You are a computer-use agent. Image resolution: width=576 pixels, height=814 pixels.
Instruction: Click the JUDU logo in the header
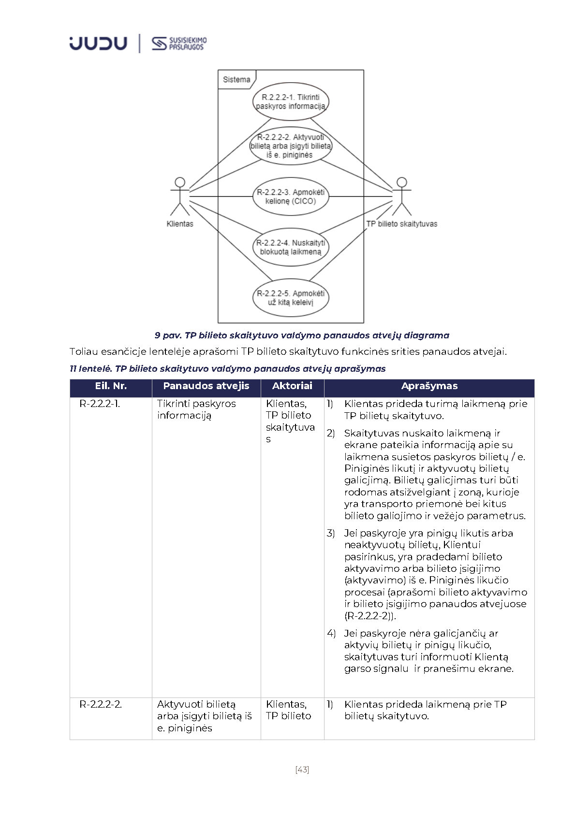[x=98, y=43]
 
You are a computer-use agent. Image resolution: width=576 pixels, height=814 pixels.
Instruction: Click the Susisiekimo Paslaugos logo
[x=179, y=44]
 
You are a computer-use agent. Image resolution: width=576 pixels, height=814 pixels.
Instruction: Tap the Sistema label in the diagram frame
[x=236, y=79]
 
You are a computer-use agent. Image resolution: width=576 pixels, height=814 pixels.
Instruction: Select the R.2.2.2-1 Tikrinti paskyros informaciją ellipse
[x=291, y=102]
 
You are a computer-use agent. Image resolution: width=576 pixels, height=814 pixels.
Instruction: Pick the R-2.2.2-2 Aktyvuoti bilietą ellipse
[x=291, y=146]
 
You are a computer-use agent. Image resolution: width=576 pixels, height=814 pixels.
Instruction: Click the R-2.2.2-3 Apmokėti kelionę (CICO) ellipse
[x=291, y=196]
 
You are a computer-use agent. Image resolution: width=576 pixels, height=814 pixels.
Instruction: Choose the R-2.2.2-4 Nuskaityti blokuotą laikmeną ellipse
[x=291, y=247]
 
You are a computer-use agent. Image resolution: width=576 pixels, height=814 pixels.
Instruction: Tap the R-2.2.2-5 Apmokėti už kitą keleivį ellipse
[x=291, y=297]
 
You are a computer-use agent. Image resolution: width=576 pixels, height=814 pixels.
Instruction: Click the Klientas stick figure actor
[x=180, y=196]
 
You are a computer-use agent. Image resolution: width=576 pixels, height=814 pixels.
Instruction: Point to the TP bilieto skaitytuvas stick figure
[x=401, y=196]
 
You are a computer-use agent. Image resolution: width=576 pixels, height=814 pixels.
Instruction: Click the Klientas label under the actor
[x=180, y=224]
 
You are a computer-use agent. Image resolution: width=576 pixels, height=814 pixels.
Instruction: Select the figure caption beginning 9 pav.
[x=302, y=335]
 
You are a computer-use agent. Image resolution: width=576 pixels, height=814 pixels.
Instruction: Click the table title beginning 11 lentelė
[x=227, y=368]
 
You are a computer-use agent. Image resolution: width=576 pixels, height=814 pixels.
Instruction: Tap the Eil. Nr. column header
[x=111, y=386]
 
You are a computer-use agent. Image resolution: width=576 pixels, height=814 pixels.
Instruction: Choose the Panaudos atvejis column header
[x=206, y=386]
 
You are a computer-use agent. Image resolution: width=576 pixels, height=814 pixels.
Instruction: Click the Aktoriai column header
[x=292, y=386]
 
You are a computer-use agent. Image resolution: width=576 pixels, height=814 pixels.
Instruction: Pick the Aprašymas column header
[x=429, y=386]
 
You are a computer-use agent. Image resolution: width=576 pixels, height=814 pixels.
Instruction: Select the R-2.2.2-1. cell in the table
[x=100, y=404]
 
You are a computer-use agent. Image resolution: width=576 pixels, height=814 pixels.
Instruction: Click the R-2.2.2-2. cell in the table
[x=101, y=704]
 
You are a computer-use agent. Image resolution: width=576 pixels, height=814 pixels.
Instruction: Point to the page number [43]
[x=302, y=770]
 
